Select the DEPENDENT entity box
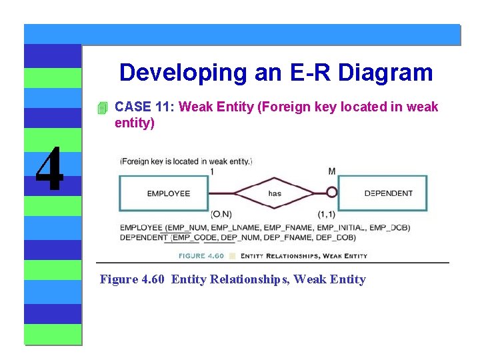pos(383,193)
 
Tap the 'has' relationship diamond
pos(275,193)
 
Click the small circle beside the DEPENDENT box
pos(331,193)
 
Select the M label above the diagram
pos(332,171)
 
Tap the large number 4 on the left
pos(49,169)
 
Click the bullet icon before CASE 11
pos(102,107)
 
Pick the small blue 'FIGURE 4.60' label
pos(201,255)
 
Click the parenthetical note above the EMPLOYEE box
pos(186,161)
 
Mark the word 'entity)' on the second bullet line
pos(135,123)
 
